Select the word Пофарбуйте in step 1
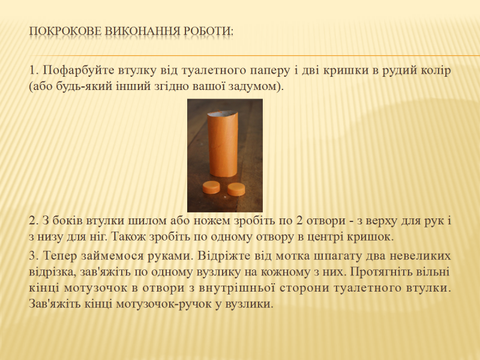pos(79,71)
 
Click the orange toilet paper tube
pos(222,144)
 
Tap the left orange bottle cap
pos(211,187)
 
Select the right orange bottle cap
pos(236,189)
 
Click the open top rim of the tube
pos(222,114)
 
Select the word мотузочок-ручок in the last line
pos(166,304)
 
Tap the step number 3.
pos(34,256)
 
